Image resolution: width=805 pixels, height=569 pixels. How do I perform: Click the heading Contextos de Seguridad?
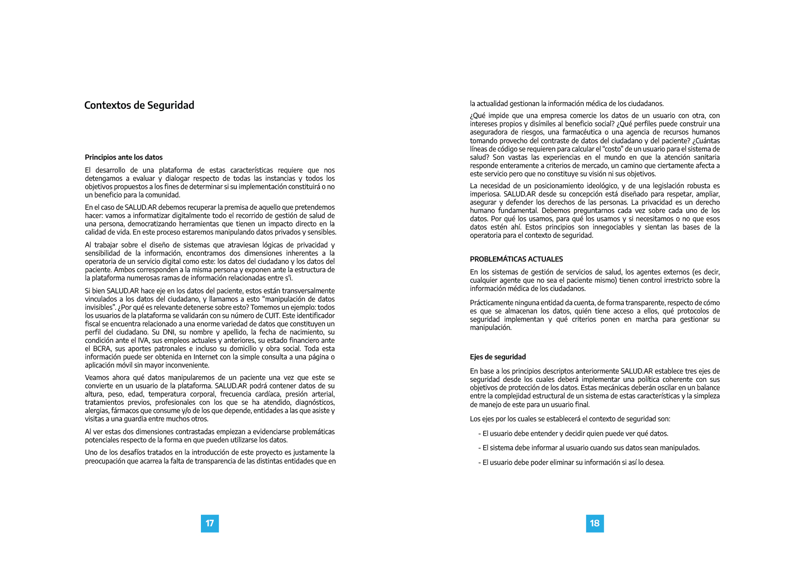click(139, 105)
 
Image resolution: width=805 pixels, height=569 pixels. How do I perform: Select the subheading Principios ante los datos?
click(123, 157)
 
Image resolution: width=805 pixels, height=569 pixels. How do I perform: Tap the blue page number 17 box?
click(210, 524)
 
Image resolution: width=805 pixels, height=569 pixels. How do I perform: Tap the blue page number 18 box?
click(594, 524)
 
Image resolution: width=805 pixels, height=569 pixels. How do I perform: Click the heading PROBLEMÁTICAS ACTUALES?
click(516, 259)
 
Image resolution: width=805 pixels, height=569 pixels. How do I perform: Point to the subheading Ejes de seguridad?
click(498, 357)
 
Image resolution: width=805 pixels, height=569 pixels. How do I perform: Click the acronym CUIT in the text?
click(272, 316)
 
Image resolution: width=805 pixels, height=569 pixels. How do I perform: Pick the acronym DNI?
click(170, 332)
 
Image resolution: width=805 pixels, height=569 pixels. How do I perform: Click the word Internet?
click(206, 357)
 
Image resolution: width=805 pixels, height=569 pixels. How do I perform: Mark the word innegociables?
click(615, 227)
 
